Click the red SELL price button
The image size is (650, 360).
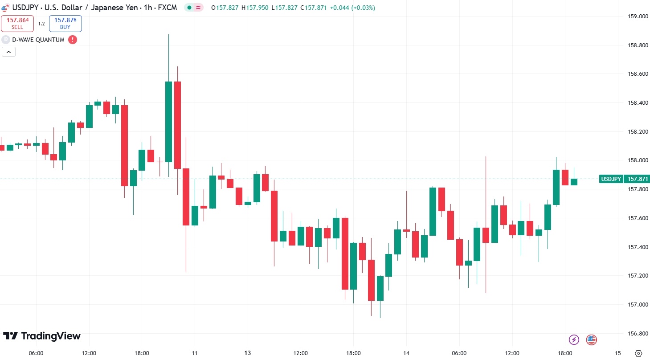tap(17, 24)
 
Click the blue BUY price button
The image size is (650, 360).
tap(65, 24)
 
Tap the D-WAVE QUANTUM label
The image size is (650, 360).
tap(38, 40)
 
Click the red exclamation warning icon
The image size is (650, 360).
tap(72, 40)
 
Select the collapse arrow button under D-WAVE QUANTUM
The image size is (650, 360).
tap(9, 52)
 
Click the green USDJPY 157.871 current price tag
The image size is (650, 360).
tap(624, 179)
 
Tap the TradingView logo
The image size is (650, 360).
tap(42, 336)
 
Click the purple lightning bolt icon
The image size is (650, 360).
tap(574, 340)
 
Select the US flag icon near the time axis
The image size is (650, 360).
tap(591, 340)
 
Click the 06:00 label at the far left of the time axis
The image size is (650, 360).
tap(36, 353)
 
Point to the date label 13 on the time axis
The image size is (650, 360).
tap(248, 353)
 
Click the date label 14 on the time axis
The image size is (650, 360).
tap(406, 353)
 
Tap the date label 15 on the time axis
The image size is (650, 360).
tap(618, 353)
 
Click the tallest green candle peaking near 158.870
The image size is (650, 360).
tap(168, 121)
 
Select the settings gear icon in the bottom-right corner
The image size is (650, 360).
tap(638, 353)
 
